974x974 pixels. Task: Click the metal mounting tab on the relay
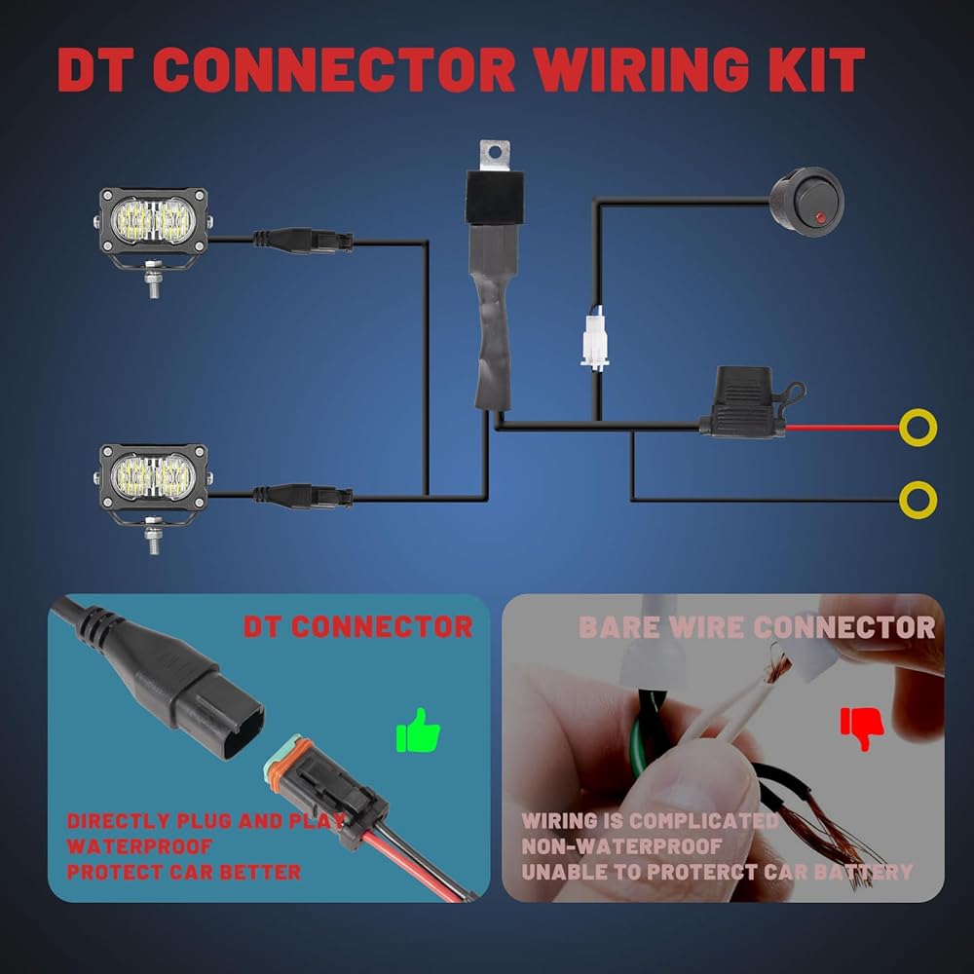click(x=495, y=155)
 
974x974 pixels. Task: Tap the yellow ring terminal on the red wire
click(x=918, y=428)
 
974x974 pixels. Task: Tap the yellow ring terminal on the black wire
click(x=918, y=500)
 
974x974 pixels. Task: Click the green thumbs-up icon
click(x=418, y=730)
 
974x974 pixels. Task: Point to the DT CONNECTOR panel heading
click(x=357, y=626)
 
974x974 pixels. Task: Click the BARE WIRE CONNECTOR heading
click(x=757, y=627)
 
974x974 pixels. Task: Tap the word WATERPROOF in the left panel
click(x=139, y=846)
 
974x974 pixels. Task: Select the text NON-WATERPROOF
click(x=621, y=846)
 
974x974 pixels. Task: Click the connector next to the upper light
click(x=303, y=241)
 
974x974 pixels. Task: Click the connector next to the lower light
click(x=303, y=496)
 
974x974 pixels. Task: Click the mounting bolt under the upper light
click(x=153, y=281)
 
